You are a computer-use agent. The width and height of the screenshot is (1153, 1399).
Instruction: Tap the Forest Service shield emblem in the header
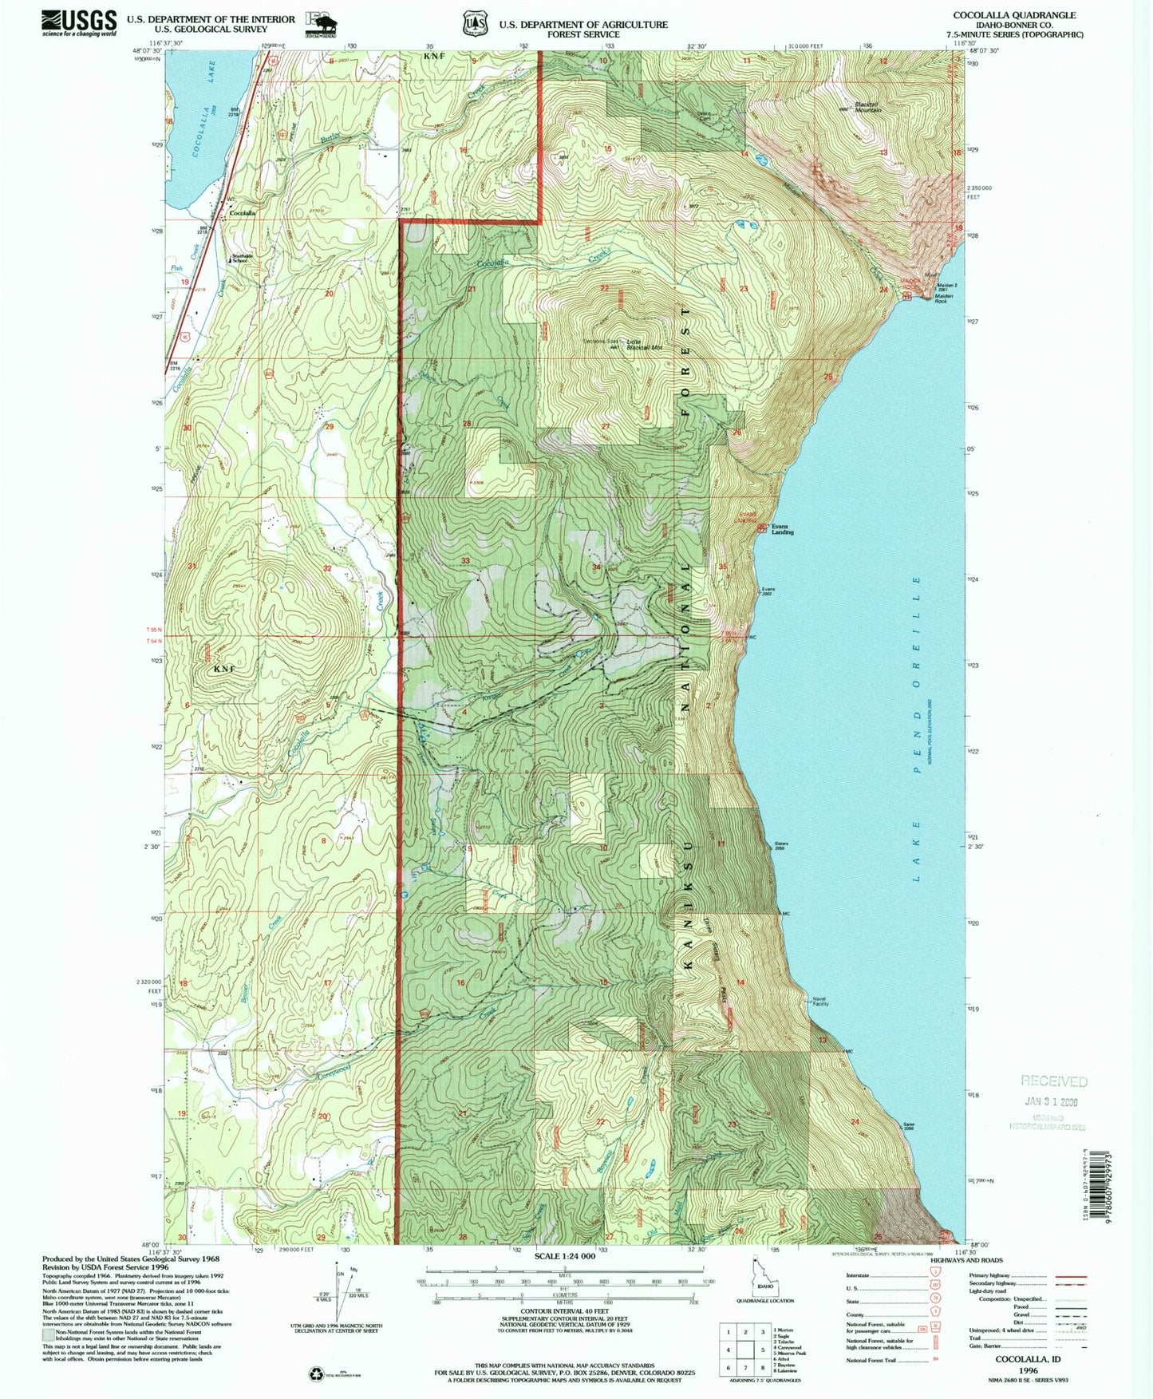pos(477,23)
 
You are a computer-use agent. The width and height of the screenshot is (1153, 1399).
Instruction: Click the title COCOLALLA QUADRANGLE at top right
pos(1013,15)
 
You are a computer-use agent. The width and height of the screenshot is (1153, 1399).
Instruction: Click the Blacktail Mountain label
pos(868,107)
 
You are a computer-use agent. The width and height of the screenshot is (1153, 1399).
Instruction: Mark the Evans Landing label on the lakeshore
pos(782,529)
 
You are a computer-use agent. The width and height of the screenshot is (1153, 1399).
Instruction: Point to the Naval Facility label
pos(820,1002)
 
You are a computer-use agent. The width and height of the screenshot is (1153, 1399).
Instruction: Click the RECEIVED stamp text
pos(1053,1081)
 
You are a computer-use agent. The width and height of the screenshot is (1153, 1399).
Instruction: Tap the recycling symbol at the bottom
pos(318,1373)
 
